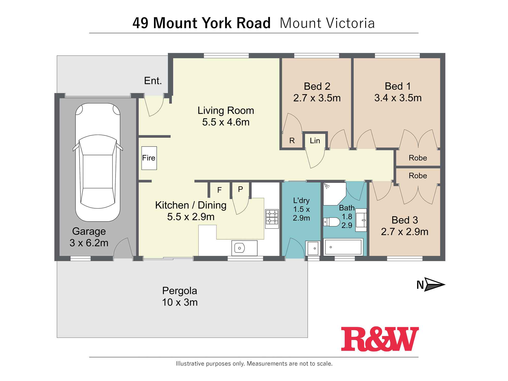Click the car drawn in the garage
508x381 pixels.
[x=98, y=163]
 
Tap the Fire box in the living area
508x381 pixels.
[x=149, y=158]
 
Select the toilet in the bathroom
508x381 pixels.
[x=332, y=222]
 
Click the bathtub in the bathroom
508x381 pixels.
[x=343, y=247]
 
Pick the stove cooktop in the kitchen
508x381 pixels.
[x=272, y=219]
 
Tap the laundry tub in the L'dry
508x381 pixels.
[x=313, y=248]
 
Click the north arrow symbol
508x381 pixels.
[x=434, y=284]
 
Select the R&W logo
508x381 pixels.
[x=379, y=339]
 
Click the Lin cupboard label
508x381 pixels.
[x=315, y=141]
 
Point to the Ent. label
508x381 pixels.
[x=153, y=81]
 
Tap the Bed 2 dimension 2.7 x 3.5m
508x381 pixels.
[x=317, y=98]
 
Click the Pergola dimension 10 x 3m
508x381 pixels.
[x=180, y=302]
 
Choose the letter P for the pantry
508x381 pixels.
[x=240, y=189]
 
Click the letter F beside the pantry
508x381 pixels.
[x=219, y=190]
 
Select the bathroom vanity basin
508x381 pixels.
[x=361, y=220]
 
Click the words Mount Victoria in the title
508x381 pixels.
[x=327, y=23]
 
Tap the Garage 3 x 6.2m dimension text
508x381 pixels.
[x=89, y=243]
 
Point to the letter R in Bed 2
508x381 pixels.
[x=292, y=141]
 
